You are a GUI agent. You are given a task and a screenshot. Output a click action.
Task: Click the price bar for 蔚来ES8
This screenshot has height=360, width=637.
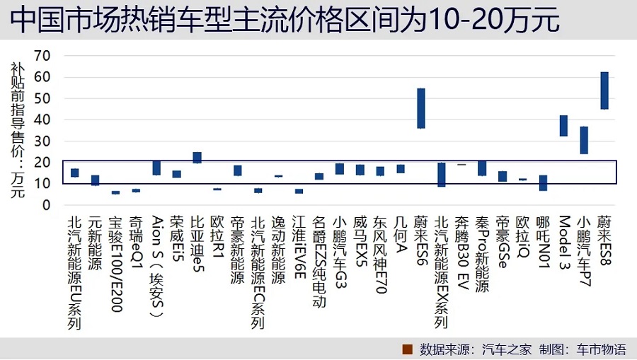coord(604,91)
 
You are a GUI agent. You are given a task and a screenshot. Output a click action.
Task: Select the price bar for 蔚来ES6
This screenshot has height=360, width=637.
coord(421,108)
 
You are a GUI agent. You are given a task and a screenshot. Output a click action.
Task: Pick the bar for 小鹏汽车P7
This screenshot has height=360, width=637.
coord(584,140)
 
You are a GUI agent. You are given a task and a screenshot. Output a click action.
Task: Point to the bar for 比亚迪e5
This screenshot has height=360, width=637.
coord(197,157)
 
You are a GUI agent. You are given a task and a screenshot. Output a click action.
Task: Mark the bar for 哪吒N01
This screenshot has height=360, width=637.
coord(543,182)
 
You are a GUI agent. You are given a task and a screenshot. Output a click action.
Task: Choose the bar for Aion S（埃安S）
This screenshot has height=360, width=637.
coord(156,168)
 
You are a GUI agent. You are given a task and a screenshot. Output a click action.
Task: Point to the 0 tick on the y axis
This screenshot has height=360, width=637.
coord(47,205)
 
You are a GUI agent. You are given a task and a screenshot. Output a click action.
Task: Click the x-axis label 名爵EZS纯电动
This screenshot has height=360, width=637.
coord(319,262)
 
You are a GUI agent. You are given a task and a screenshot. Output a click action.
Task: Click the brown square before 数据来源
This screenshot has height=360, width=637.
coord(407,349)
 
